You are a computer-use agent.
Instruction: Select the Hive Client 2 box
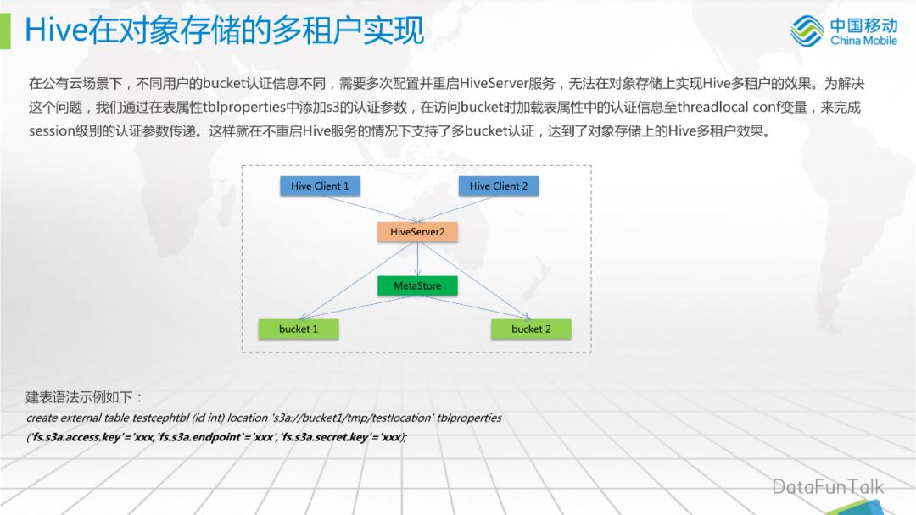click(499, 186)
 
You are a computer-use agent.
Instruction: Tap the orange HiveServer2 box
click(417, 231)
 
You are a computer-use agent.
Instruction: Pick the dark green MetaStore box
click(417, 286)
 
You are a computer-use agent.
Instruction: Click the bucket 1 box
click(298, 329)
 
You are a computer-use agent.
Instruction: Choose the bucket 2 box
click(531, 329)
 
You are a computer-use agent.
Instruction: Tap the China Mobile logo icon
click(807, 30)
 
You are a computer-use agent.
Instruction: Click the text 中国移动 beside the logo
click(863, 24)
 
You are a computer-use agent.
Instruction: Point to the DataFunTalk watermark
click(828, 486)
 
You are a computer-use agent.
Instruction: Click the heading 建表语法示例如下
click(85, 397)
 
